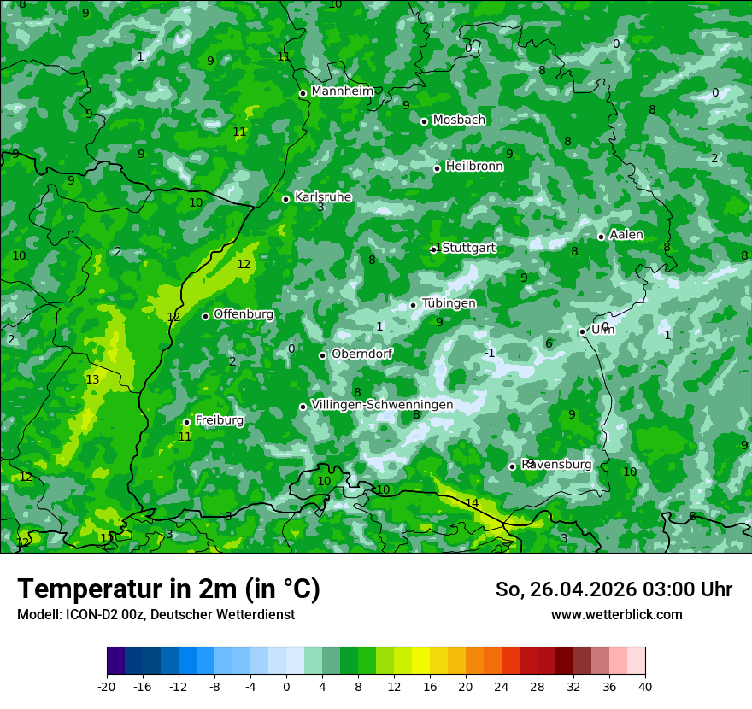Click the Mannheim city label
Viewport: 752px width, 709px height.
point(343,91)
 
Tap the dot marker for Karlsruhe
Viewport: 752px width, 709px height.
point(285,199)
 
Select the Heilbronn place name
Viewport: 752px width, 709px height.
point(474,166)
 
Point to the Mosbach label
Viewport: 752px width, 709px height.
point(459,120)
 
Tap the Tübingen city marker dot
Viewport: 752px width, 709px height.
point(413,305)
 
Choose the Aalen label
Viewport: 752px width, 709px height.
point(626,235)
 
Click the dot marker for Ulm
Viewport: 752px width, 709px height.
point(582,331)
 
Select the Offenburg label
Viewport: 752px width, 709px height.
point(244,313)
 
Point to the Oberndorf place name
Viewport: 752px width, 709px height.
point(362,354)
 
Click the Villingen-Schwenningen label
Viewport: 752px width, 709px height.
point(382,404)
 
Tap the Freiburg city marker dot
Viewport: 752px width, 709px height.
point(186,422)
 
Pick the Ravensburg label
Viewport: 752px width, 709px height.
point(556,464)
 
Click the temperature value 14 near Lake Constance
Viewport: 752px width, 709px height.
point(472,503)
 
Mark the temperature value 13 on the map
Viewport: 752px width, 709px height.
point(92,379)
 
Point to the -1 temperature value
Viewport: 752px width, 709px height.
point(489,353)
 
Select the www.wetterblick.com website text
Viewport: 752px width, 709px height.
point(616,614)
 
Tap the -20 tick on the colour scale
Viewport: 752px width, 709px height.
point(107,686)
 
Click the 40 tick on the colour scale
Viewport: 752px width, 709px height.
point(645,686)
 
